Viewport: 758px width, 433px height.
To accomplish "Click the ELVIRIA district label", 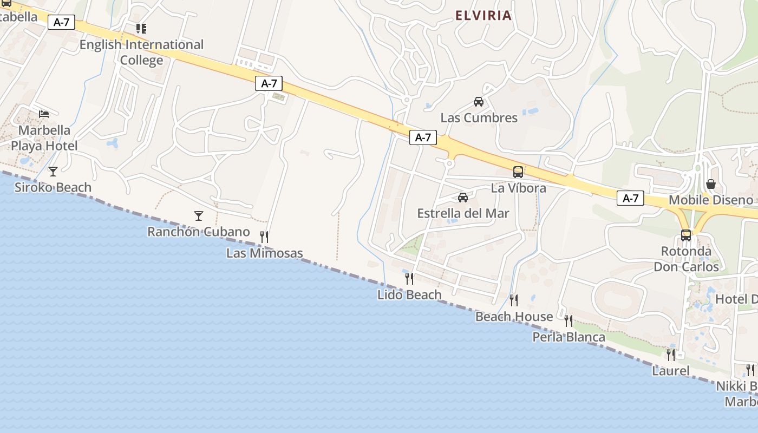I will point(483,15).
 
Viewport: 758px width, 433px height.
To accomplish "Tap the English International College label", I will point(141,52).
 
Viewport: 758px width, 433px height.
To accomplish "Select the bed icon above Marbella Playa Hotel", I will point(44,114).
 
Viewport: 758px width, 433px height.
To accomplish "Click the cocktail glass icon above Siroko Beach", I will point(53,172).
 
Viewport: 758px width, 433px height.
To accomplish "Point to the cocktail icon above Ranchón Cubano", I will point(199,216).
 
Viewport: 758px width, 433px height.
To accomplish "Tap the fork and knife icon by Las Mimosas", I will point(264,237).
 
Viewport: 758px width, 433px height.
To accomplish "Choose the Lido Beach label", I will point(409,295).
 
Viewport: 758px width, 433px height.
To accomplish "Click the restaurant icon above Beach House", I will point(514,300).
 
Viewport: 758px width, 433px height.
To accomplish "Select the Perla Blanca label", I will point(568,337).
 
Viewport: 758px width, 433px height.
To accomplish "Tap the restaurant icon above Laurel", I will point(671,355).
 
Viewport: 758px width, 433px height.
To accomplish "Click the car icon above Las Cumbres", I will point(479,102).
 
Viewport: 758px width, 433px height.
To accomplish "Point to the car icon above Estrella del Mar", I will point(463,198).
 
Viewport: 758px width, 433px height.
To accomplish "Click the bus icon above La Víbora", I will point(518,172).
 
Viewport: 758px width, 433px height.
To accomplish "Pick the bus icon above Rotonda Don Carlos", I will point(686,235).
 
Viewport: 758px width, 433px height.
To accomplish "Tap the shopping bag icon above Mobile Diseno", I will point(711,185).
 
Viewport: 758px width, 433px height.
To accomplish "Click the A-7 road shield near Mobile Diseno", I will point(630,198).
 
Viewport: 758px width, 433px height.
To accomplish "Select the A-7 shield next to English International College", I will point(62,22).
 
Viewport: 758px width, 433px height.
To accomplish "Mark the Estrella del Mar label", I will point(463,213).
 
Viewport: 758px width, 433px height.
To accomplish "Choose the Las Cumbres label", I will point(479,117).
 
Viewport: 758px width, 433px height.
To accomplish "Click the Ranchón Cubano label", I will point(199,232).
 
